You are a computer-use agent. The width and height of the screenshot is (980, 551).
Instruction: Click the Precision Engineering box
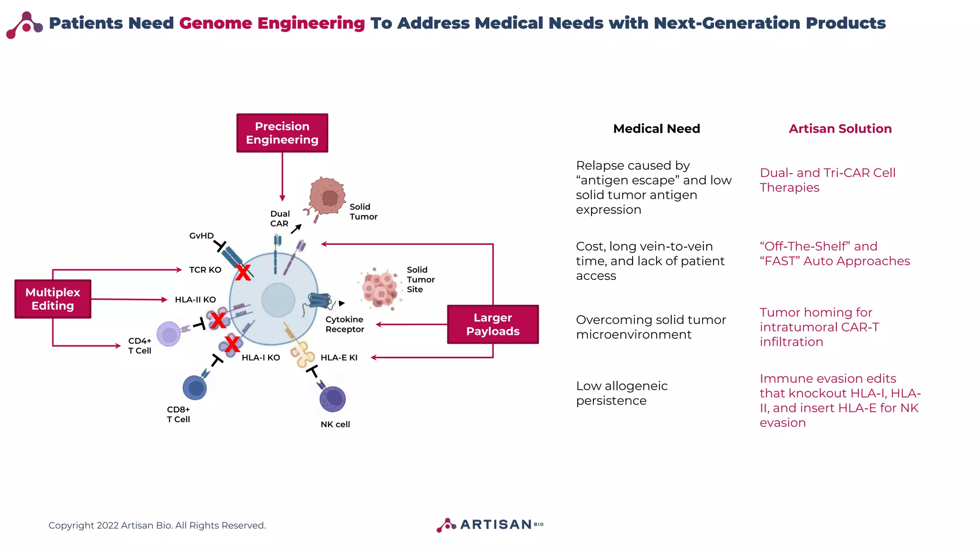coord(282,133)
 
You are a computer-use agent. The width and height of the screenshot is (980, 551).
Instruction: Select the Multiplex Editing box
coord(53,299)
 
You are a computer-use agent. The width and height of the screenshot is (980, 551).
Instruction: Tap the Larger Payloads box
coord(492,324)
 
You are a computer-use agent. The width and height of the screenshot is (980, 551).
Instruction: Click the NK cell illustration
coord(333,399)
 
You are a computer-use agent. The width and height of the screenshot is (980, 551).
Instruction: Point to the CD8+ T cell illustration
coord(195,387)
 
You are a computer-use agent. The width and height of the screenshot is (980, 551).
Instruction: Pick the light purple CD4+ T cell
coord(169,334)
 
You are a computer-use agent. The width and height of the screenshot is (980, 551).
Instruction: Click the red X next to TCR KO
coord(243,273)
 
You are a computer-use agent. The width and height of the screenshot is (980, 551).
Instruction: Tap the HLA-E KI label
coord(339,358)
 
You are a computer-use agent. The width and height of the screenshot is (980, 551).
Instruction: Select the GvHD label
coord(201,236)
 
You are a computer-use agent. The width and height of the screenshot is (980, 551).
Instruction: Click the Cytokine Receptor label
coord(345,324)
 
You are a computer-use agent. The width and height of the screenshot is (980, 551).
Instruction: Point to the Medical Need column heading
coord(657,129)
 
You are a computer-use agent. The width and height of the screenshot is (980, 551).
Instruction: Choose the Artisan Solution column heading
coord(840,129)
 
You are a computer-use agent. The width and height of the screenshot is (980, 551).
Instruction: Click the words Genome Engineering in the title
coord(272,23)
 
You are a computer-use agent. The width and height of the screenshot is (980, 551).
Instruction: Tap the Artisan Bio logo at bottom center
coord(490,525)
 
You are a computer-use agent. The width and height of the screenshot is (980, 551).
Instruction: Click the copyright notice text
coord(157,525)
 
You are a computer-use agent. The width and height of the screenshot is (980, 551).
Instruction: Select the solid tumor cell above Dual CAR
coord(327,196)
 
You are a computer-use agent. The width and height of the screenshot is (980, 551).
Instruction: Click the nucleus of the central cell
coord(278,300)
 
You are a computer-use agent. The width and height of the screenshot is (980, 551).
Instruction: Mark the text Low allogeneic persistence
coord(621,393)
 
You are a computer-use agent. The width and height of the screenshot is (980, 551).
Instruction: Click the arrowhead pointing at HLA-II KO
coord(165,300)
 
